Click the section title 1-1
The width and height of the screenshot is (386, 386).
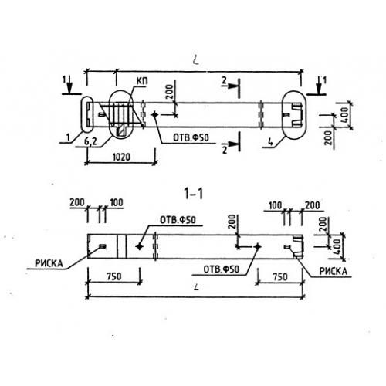point(194,194)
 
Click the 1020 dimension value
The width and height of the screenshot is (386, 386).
point(121,157)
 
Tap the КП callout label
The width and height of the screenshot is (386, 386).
point(142,81)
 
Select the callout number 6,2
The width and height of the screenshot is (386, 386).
point(90,141)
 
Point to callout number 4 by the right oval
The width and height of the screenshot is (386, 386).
point(270,142)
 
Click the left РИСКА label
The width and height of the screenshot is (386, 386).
point(49,263)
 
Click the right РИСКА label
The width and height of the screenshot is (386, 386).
point(334,271)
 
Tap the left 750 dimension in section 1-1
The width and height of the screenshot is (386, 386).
point(114,276)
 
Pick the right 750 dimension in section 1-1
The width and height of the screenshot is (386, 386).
point(280,277)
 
